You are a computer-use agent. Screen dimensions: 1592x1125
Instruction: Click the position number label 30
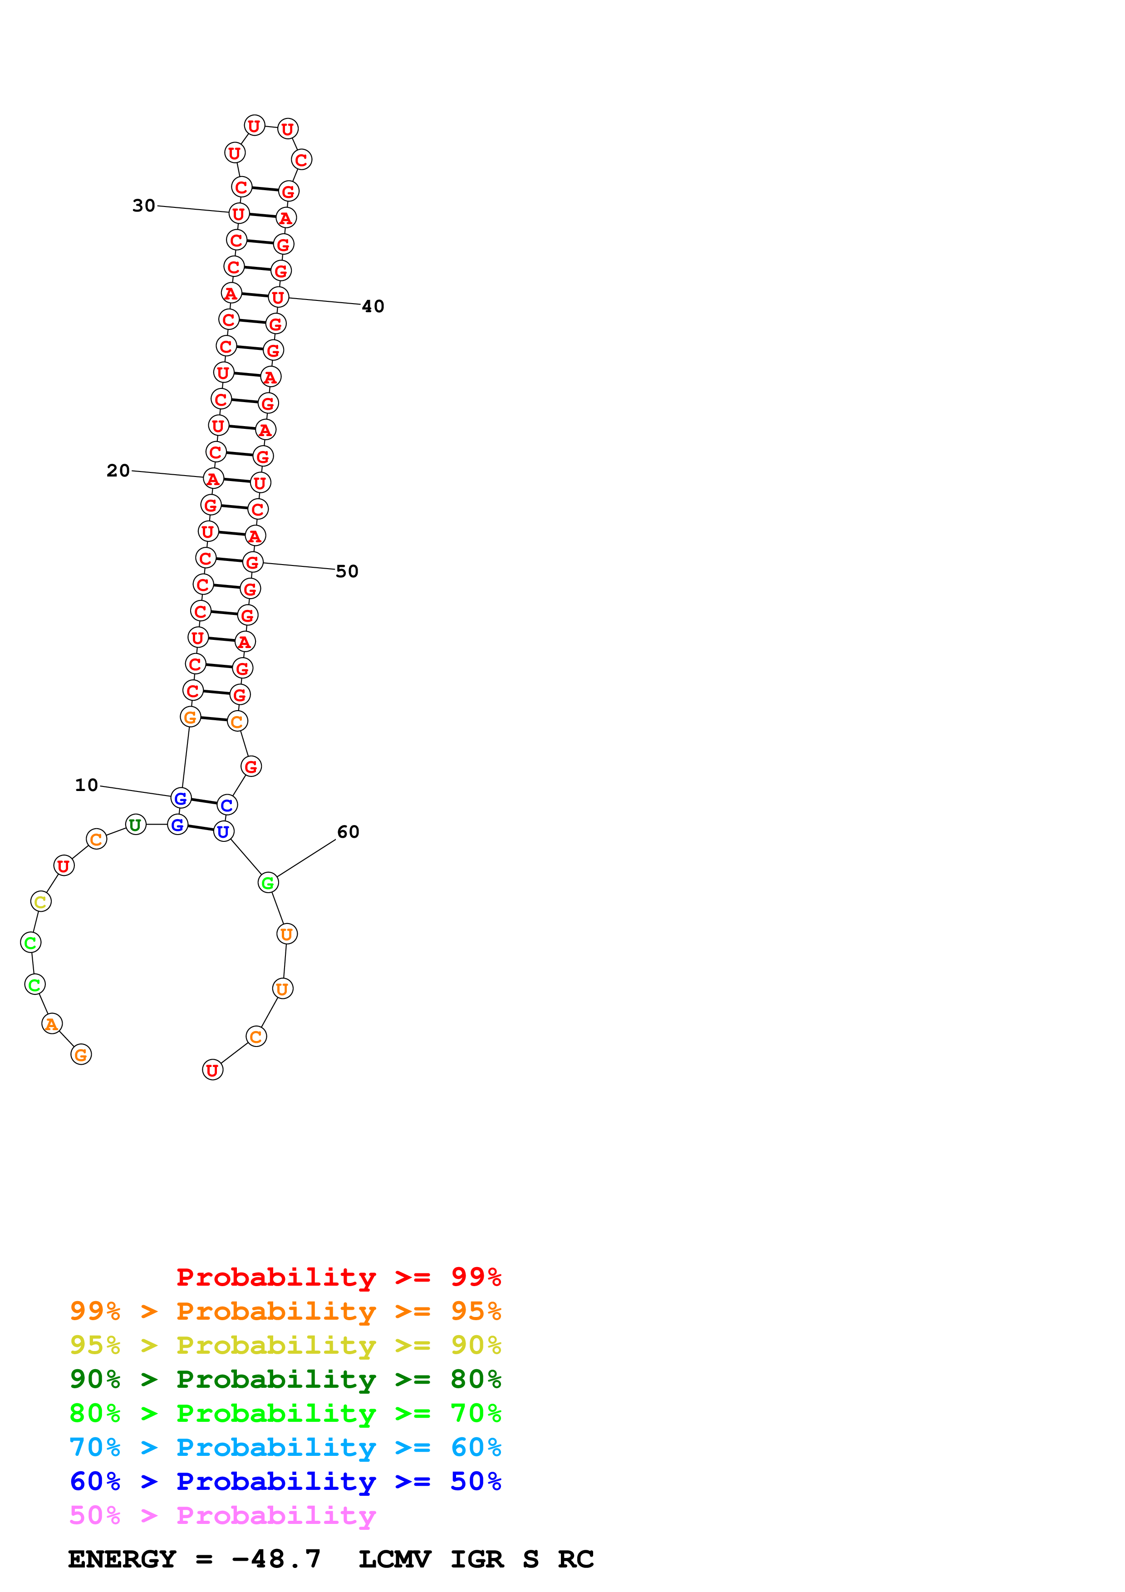(x=143, y=206)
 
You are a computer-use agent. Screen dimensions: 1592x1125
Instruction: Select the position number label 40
(x=373, y=306)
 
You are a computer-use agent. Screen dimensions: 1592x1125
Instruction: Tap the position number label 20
(x=118, y=471)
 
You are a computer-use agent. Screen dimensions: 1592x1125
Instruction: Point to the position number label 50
(x=347, y=571)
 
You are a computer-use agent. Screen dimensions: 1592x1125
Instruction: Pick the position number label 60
(x=348, y=832)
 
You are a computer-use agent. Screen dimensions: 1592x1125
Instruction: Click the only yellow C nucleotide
(x=41, y=902)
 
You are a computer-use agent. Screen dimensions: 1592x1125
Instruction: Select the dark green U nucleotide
(x=136, y=825)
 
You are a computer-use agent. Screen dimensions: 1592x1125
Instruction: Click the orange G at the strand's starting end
(x=81, y=1055)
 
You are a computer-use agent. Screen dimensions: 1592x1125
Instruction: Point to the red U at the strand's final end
(x=213, y=1071)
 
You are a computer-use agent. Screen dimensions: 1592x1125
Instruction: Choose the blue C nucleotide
(x=226, y=806)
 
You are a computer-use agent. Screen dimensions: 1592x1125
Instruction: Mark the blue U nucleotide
(x=223, y=832)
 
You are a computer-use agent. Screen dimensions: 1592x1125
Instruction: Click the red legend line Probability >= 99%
(x=338, y=1277)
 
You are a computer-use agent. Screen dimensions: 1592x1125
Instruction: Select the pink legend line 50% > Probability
(x=222, y=1516)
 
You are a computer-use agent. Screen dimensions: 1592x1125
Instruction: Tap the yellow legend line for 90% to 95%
(x=285, y=1345)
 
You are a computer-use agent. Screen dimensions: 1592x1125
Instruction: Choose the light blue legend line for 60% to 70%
(x=285, y=1448)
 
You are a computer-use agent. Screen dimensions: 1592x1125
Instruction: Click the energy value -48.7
(x=276, y=1559)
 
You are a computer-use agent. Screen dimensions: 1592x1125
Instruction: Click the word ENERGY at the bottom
(x=122, y=1559)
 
